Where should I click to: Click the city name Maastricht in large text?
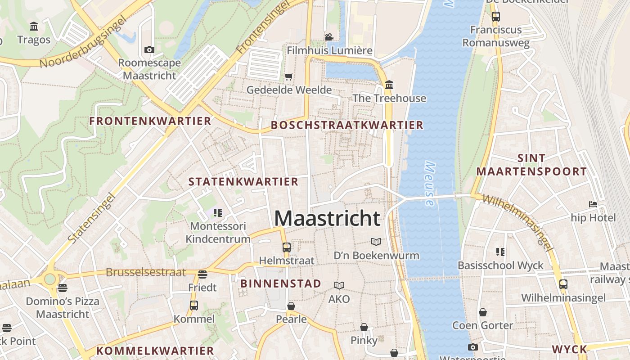[327, 218]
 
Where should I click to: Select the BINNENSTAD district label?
[281, 283]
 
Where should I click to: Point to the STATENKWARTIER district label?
[243, 182]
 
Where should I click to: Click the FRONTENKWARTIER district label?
[150, 121]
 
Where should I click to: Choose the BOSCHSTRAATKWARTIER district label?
[347, 125]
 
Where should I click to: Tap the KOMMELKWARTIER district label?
[155, 351]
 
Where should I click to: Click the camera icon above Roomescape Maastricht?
[149, 49]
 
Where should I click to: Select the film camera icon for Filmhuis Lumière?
[329, 37]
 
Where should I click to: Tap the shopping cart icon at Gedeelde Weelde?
[288, 76]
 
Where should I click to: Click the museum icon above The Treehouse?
[389, 85]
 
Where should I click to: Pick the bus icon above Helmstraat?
[286, 247]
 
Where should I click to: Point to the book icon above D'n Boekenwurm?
[376, 242]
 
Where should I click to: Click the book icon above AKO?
[339, 285]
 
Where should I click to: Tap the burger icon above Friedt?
[202, 274]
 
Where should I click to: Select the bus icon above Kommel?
[194, 306]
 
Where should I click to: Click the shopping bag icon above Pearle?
[291, 306]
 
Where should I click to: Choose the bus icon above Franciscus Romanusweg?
[495, 17]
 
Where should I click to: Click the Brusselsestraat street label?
[146, 272]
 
